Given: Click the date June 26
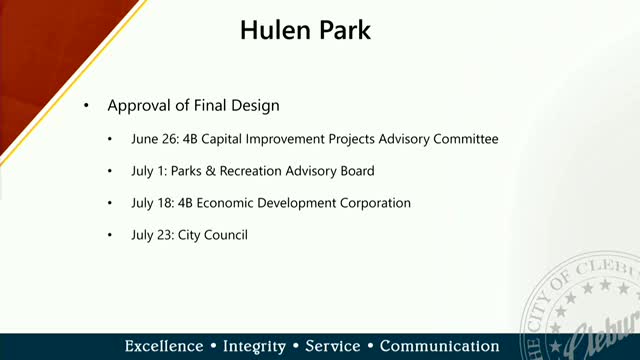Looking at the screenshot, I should pos(150,139).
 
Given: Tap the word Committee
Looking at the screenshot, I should pos(463,139).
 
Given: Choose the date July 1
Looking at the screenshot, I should pos(146,171).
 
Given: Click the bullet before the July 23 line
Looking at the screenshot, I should pos(111,235).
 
